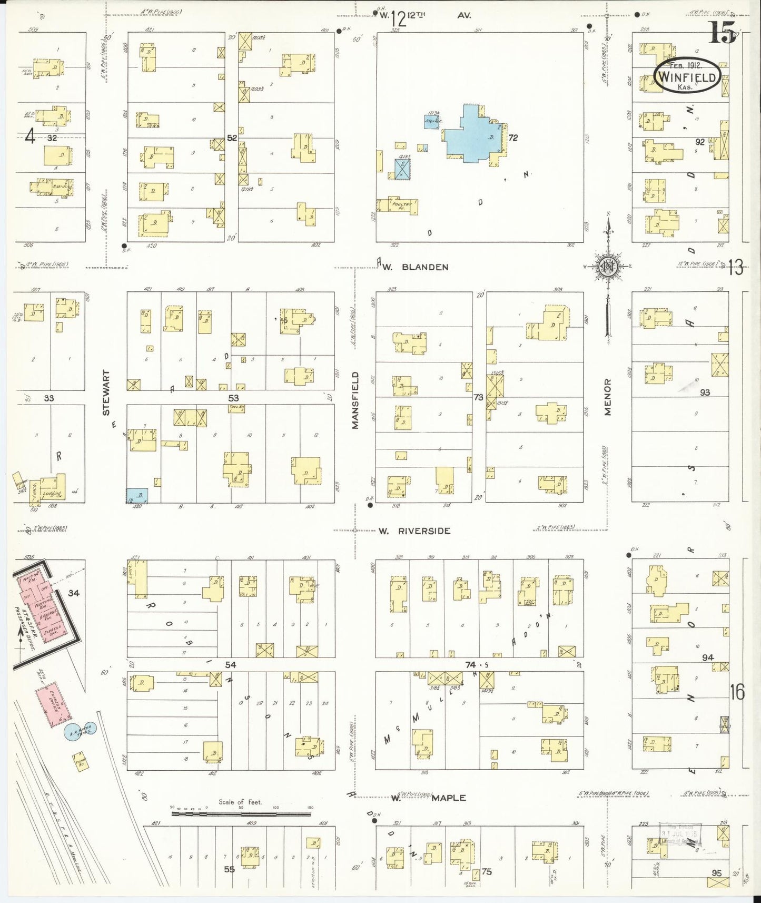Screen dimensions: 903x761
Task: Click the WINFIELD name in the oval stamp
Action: [x=687, y=78]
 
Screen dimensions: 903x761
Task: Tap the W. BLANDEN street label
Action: [x=416, y=267]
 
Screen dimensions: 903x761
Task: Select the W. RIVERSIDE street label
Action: [x=415, y=531]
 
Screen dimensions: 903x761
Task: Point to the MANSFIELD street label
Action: [x=355, y=400]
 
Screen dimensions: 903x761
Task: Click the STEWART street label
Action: [x=107, y=392]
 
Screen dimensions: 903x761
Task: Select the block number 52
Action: [x=232, y=138]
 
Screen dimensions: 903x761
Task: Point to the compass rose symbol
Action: [x=608, y=267]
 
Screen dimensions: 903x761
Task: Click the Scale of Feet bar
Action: [x=241, y=814]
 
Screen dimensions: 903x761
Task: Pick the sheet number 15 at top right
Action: [x=722, y=33]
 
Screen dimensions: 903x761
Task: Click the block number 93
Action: [x=705, y=392]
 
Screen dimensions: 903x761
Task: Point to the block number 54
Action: [x=230, y=665]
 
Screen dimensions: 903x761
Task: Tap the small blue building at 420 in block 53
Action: [x=137, y=495]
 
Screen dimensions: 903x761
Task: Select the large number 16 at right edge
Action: [x=737, y=692]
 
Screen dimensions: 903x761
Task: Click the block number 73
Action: [x=478, y=397]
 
